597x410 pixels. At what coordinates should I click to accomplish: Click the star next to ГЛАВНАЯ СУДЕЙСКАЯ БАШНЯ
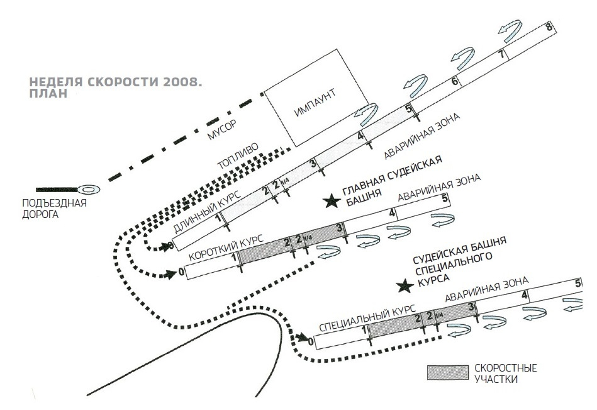(330, 202)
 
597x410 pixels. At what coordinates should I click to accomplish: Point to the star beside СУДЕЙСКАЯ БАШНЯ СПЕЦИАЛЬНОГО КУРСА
(403, 287)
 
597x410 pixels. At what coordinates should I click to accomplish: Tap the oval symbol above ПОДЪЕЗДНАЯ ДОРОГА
(87, 189)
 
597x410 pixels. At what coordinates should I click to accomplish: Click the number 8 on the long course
(549, 27)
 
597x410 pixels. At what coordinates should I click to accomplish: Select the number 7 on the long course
(501, 54)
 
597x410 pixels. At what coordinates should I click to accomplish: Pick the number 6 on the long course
(454, 81)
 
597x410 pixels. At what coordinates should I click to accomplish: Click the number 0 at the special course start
(311, 341)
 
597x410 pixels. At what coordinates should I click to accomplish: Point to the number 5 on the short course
(445, 199)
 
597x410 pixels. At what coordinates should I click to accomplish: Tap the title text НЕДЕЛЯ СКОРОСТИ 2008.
(116, 83)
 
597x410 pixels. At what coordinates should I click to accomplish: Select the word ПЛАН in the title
(48, 94)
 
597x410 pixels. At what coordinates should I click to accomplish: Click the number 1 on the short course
(235, 258)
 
